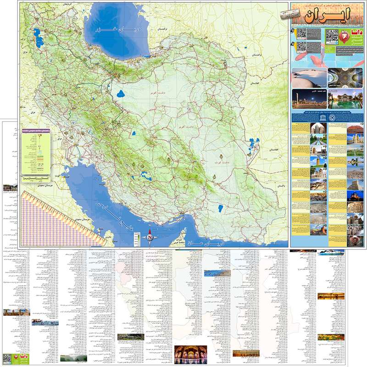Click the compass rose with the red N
tap(150, 238)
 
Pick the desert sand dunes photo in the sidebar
tap(309, 78)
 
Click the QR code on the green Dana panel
tap(332, 36)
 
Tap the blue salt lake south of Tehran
tap(121, 95)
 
